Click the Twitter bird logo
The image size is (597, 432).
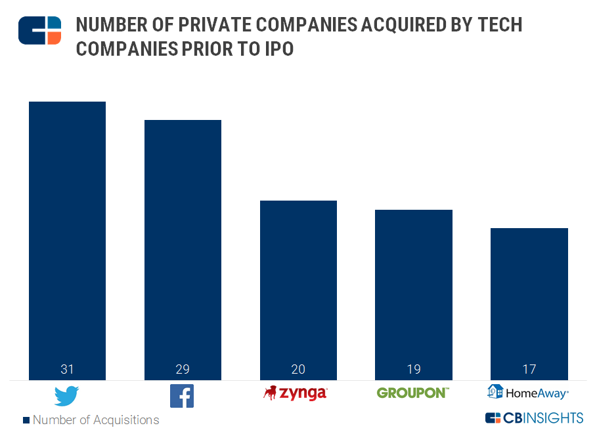click(66, 396)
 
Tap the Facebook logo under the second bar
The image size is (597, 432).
click(182, 396)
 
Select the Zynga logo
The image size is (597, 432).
click(295, 393)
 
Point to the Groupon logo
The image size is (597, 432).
click(412, 393)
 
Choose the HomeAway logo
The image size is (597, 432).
click(527, 392)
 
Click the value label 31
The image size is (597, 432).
click(67, 369)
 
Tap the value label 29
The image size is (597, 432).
click(183, 369)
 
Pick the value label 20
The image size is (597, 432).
click(298, 369)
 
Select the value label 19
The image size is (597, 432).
click(414, 369)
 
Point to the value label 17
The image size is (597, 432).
click(529, 369)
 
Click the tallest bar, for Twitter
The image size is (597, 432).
click(67, 229)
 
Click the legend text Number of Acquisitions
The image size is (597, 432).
click(96, 420)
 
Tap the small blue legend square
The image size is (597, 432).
click(26, 420)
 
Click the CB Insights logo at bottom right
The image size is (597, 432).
click(534, 418)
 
